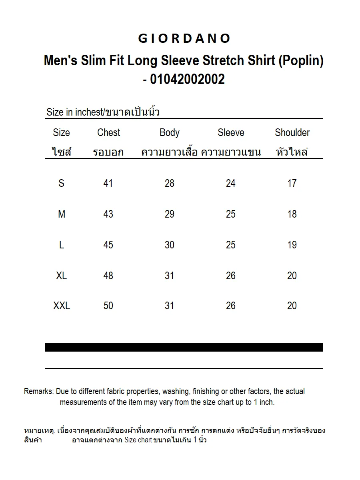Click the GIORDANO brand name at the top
(184, 38)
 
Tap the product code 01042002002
(187, 79)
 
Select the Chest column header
(108, 132)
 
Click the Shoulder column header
(292, 132)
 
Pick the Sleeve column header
(231, 132)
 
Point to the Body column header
(170, 132)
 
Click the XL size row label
(62, 276)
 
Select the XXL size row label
(62, 306)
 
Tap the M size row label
(62, 214)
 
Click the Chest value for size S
(108, 183)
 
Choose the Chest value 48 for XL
(108, 276)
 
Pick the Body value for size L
(170, 245)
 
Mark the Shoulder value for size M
(292, 214)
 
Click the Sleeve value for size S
(231, 183)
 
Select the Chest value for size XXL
(108, 306)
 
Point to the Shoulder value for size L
(292, 245)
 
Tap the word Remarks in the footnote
(38, 391)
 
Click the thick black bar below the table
(184, 347)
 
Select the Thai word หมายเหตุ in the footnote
(39, 431)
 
